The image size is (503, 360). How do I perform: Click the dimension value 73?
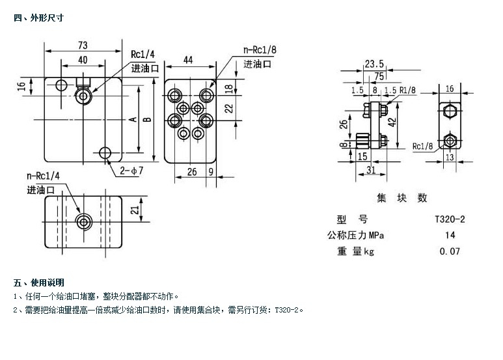(x=83, y=45)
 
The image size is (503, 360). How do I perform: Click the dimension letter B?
(x=147, y=119)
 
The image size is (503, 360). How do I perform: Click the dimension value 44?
(x=187, y=60)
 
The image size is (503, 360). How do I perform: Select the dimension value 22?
(x=228, y=109)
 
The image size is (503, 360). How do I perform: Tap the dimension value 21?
(x=133, y=209)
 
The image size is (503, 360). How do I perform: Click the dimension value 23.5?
(x=374, y=64)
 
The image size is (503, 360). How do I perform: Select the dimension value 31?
(x=370, y=171)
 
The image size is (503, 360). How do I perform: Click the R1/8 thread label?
(x=408, y=90)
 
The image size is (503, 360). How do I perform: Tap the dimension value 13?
(x=449, y=157)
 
